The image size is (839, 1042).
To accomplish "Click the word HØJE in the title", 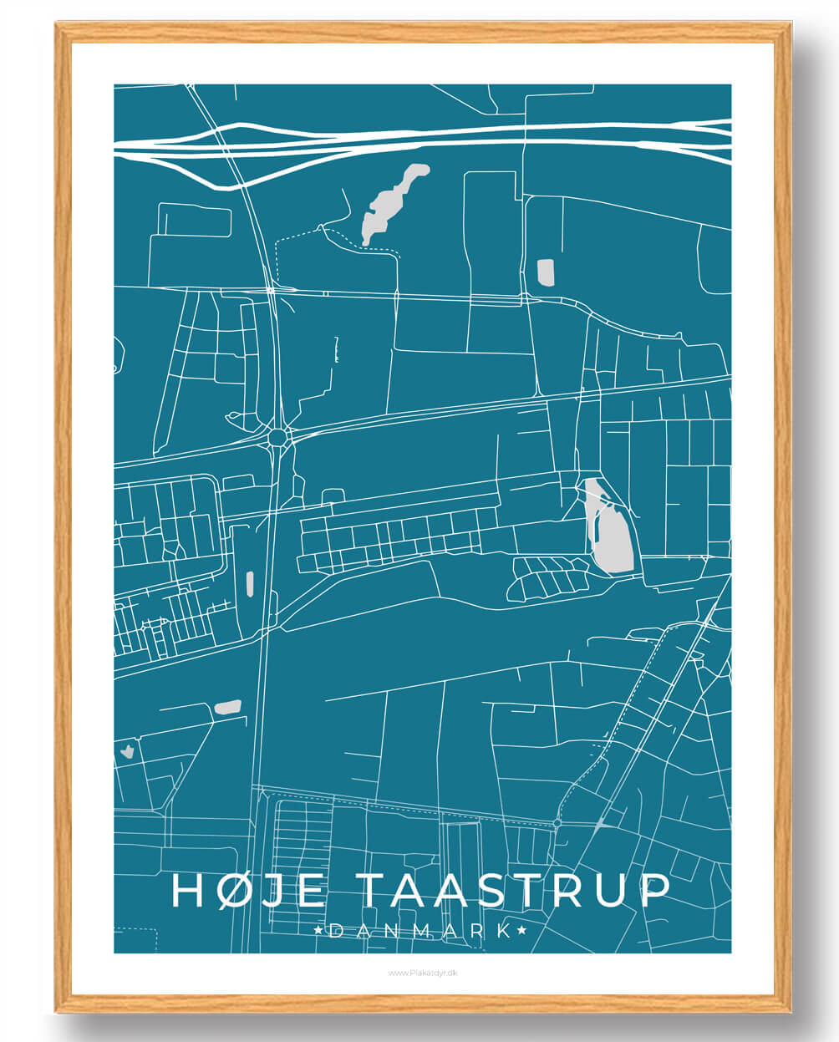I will tap(247, 890).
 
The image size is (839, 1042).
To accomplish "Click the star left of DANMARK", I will tap(317, 930).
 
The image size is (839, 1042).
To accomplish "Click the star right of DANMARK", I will tap(523, 930).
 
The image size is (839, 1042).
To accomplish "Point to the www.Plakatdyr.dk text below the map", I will tap(422, 973).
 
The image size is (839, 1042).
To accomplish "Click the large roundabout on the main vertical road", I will tap(277, 436).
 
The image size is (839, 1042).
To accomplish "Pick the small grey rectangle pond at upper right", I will tap(545, 272).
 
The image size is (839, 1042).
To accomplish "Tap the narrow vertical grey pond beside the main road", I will tap(250, 584).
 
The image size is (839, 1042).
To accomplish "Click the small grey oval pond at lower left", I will tap(227, 707).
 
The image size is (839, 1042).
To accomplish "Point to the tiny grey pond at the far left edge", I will tap(127, 750).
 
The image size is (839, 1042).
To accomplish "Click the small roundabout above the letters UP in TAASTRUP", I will tap(557, 824).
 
